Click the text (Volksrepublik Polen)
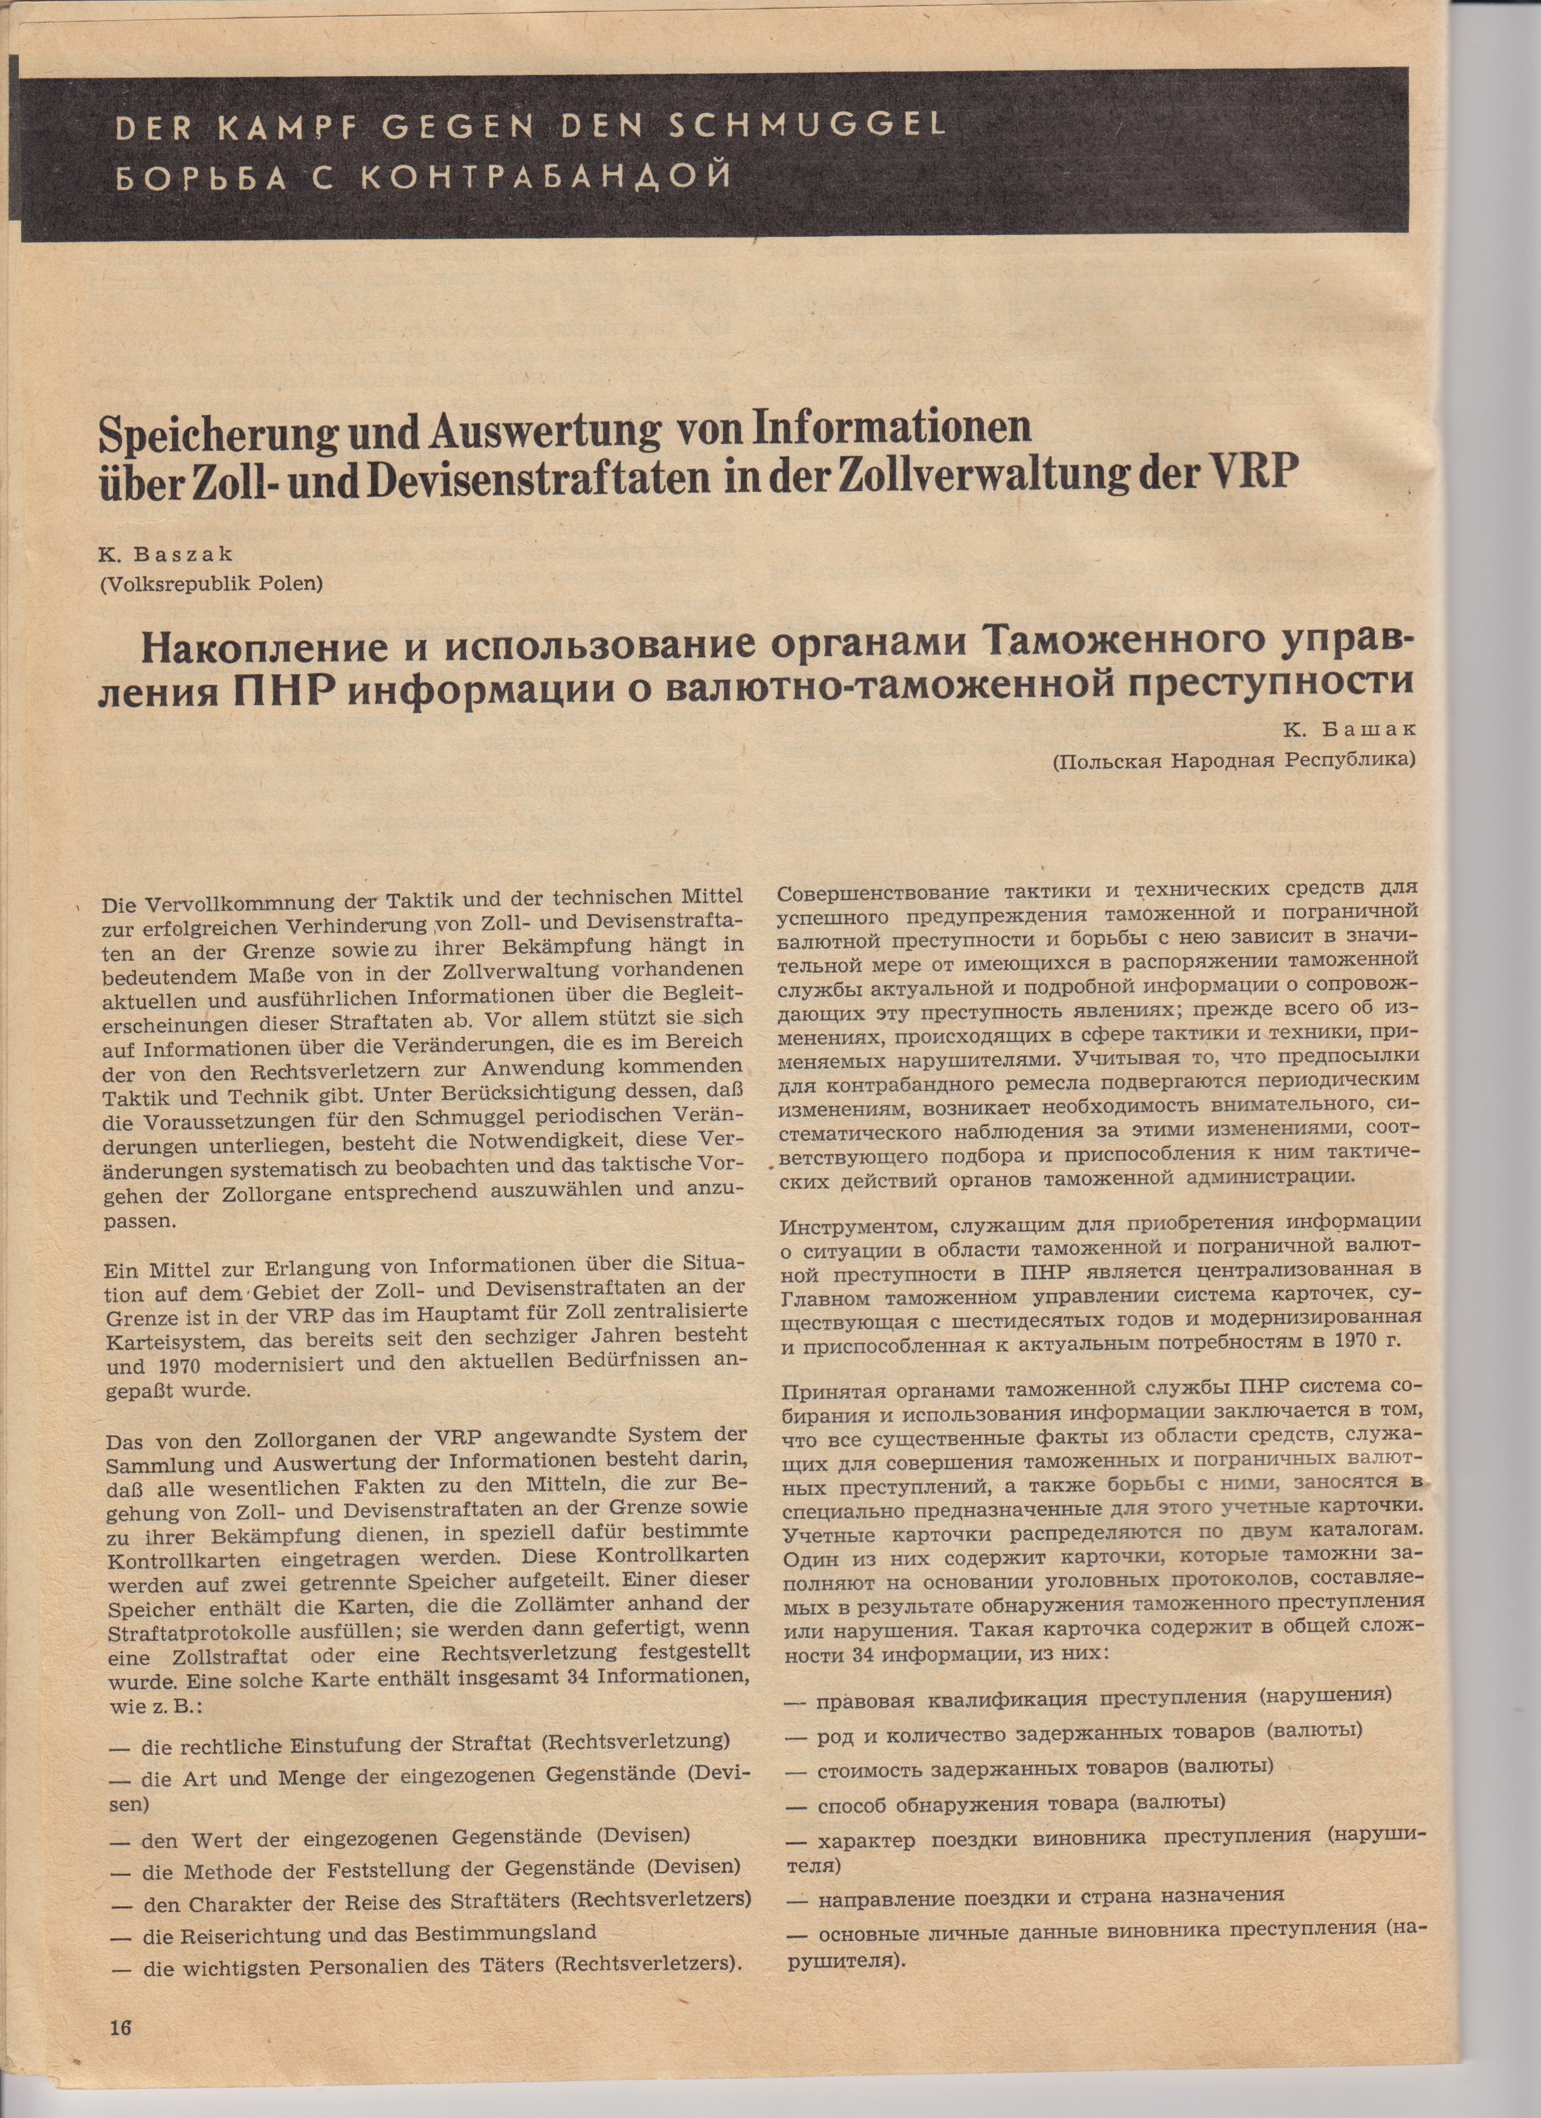click(210, 585)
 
